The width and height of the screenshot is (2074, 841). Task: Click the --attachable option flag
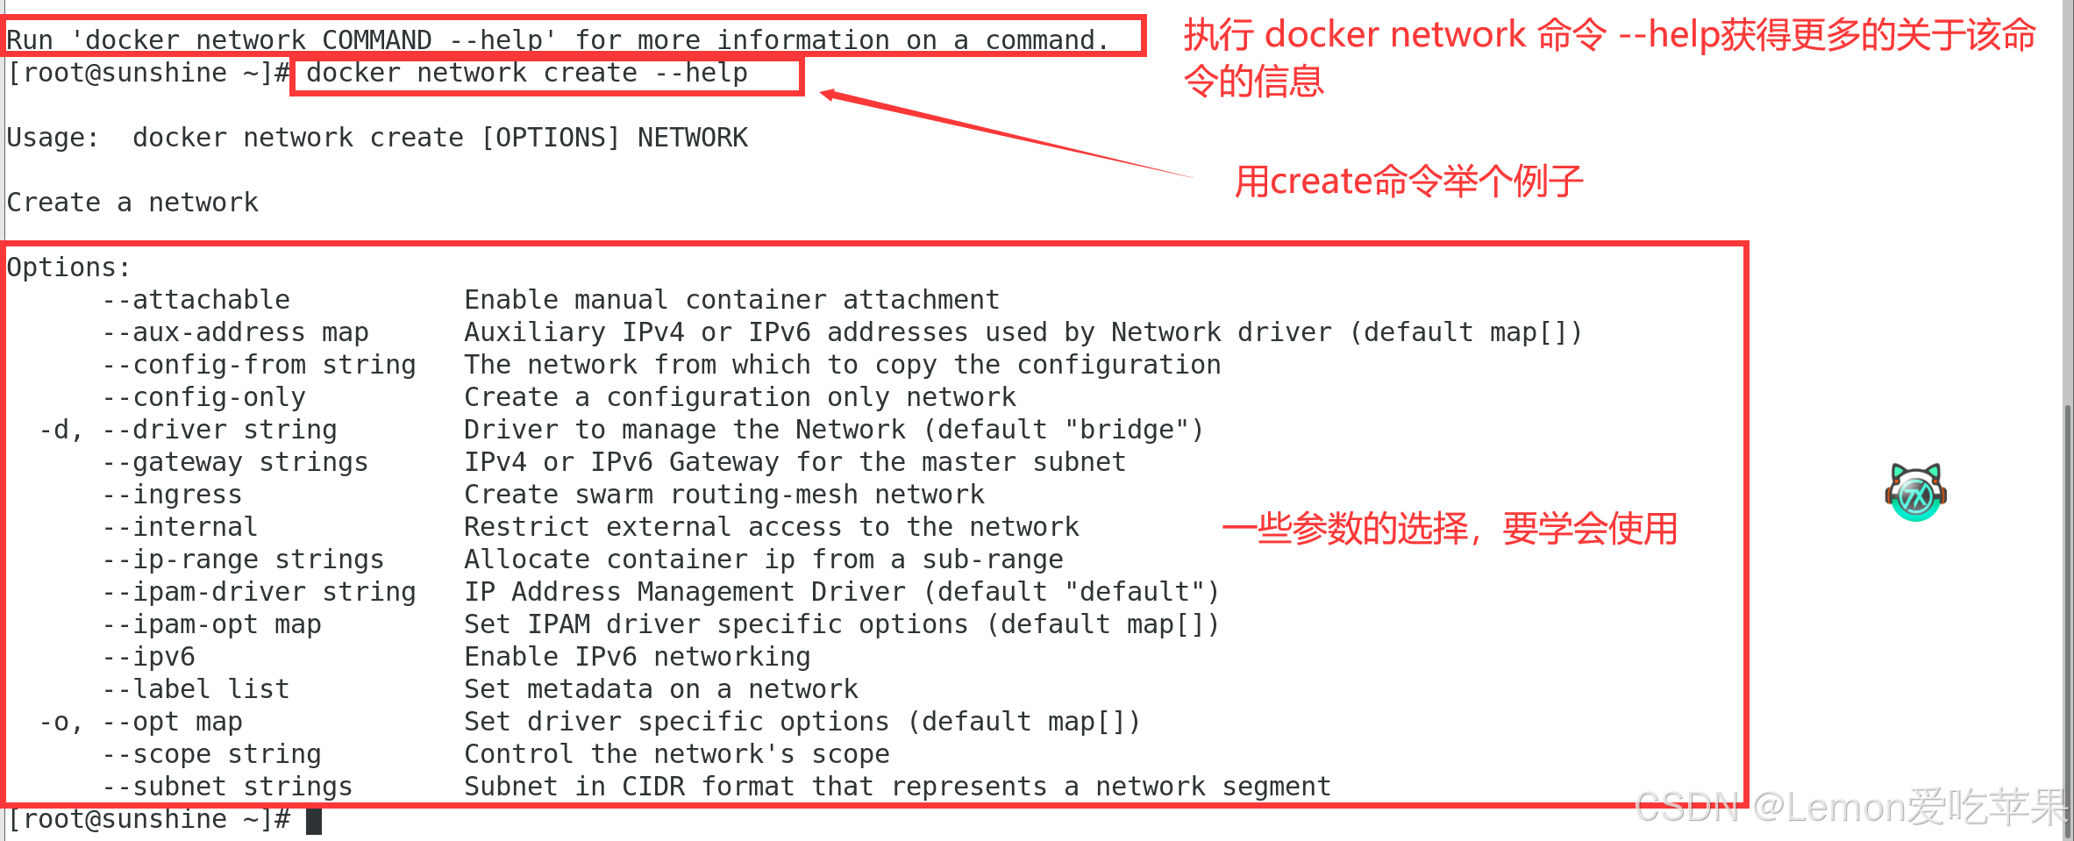(196, 300)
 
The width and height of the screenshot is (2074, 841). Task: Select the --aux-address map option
(235, 332)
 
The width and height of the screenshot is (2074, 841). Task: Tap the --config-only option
(203, 397)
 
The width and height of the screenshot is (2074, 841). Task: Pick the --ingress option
(172, 495)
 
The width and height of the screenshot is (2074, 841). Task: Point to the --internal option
(180, 527)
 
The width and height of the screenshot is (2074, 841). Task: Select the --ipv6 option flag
(148, 657)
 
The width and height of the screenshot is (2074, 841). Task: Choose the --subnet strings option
(227, 787)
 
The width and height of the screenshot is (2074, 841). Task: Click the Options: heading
(68, 267)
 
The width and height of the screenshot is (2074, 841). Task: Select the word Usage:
(53, 138)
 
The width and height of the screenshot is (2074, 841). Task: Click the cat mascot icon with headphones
(1915, 493)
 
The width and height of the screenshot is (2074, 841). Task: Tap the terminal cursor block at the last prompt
(314, 821)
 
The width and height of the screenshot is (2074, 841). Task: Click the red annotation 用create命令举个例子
(1408, 182)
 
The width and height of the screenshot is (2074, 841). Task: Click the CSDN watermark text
(1850, 807)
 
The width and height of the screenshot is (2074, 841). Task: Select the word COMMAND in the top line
(376, 40)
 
